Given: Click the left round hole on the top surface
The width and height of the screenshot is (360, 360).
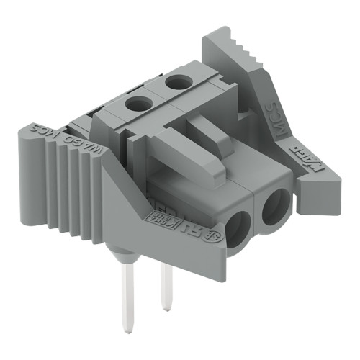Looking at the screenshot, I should click(138, 105).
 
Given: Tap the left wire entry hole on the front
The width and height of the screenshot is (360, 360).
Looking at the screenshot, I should click(238, 230).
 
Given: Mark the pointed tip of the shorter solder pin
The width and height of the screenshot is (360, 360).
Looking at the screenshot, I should click(167, 308).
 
